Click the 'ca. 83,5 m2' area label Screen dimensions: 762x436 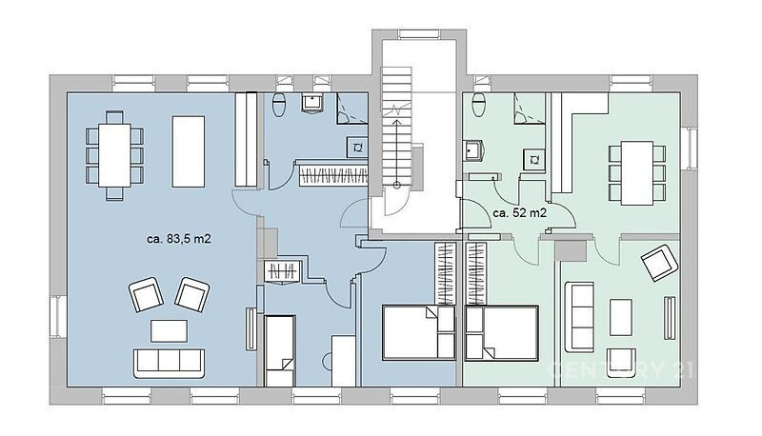[x=179, y=239]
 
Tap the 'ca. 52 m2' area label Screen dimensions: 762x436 [x=520, y=213]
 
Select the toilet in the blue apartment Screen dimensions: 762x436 [x=279, y=105]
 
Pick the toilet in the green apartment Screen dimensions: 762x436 [x=479, y=105]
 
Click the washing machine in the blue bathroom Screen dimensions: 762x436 [x=357, y=148]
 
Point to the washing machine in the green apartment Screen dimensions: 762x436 [x=534, y=160]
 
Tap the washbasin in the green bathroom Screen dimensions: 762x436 [x=472, y=151]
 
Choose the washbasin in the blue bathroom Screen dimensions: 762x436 [x=311, y=103]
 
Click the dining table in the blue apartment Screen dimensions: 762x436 [x=114, y=155]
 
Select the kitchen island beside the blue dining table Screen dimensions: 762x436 [x=188, y=151]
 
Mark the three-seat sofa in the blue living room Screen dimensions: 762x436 [x=169, y=363]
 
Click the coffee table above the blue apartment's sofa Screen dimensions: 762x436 [x=169, y=331]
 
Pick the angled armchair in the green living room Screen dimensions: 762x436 [x=659, y=263]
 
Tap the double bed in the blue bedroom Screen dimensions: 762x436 [x=419, y=332]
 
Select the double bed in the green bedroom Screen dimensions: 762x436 [x=502, y=332]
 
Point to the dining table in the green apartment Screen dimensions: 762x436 [x=637, y=173]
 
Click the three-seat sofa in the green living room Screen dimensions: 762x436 [x=579, y=318]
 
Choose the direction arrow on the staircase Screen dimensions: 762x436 [x=397, y=152]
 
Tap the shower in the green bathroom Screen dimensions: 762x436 [x=529, y=109]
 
